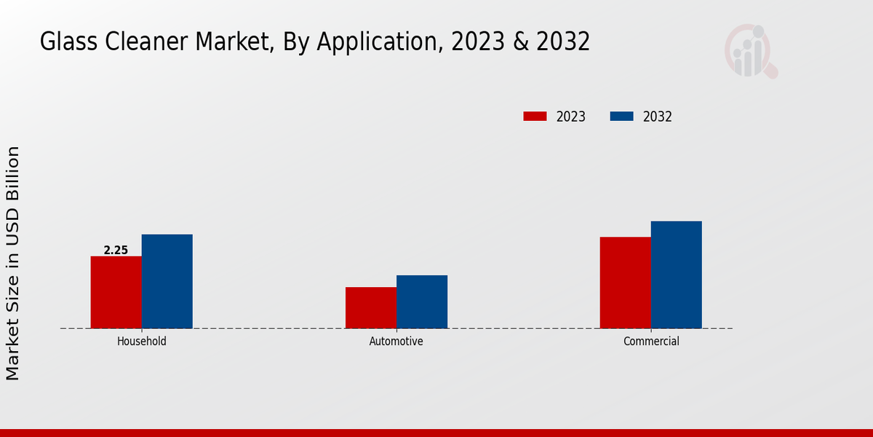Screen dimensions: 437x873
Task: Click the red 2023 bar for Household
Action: pyautogui.click(x=116, y=292)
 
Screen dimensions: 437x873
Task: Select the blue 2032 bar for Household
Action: pyautogui.click(x=167, y=281)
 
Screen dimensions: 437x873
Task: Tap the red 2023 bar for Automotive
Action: pyautogui.click(x=371, y=307)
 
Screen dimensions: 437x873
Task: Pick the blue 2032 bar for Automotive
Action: pyautogui.click(x=422, y=302)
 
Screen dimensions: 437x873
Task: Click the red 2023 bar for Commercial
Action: pyautogui.click(x=626, y=283)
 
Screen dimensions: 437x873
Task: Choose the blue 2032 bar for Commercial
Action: pyautogui.click(x=677, y=275)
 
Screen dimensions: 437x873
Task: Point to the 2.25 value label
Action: pyautogui.click(x=116, y=251)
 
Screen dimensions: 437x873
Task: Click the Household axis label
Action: pyautogui.click(x=142, y=341)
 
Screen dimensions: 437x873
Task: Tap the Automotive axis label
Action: pyautogui.click(x=396, y=341)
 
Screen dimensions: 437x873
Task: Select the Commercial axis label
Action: pyautogui.click(x=651, y=341)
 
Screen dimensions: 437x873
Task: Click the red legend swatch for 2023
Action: pyautogui.click(x=535, y=117)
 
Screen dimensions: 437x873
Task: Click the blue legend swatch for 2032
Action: pyautogui.click(x=621, y=117)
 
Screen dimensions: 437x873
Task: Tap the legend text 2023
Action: pyautogui.click(x=571, y=117)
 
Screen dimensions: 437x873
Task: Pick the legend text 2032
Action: pyautogui.click(x=658, y=117)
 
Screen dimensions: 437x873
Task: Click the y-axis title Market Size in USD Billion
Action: pyautogui.click(x=13, y=263)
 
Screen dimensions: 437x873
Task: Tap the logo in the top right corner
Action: pyautogui.click(x=750, y=51)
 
